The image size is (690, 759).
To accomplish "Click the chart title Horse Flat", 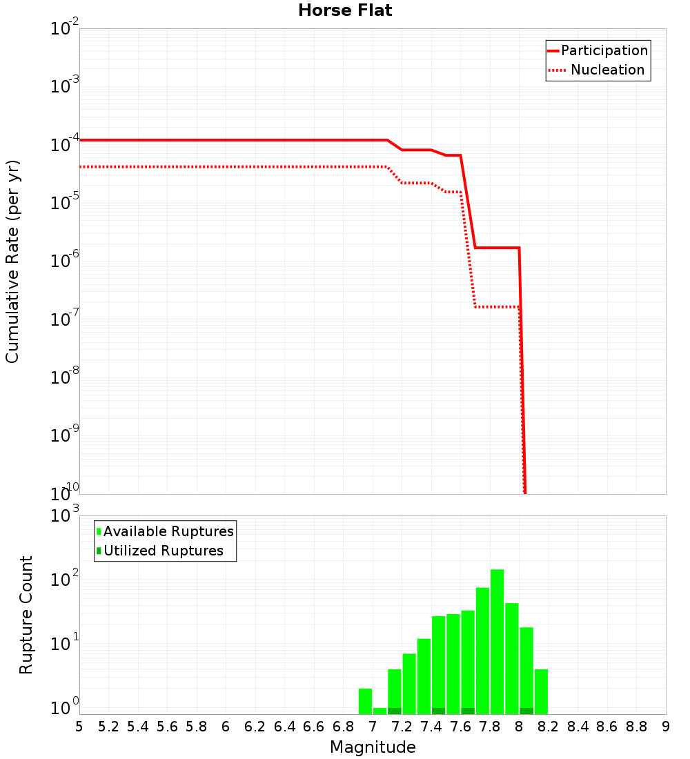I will point(345,10).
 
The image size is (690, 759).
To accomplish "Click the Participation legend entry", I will point(604,50).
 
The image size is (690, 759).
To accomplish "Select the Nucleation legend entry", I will point(607,70).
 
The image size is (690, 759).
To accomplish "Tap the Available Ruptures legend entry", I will point(168,531).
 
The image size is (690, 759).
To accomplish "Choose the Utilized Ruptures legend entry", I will point(163,551).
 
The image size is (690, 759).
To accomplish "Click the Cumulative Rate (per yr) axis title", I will point(12,261).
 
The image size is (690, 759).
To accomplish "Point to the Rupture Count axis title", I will point(26,615).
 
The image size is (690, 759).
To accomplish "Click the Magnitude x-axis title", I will point(373,747).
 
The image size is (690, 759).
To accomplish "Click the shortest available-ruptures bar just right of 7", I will point(379,711).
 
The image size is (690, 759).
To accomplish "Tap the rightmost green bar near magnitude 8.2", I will point(541,691).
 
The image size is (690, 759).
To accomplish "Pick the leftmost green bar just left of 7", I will point(365,701).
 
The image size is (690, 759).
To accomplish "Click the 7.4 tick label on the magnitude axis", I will point(431,727).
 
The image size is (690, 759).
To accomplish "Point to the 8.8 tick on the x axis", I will point(636,727).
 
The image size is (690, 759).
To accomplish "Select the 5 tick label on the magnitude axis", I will point(79,727).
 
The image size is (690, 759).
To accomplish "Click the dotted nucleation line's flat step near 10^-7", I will point(497,306).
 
